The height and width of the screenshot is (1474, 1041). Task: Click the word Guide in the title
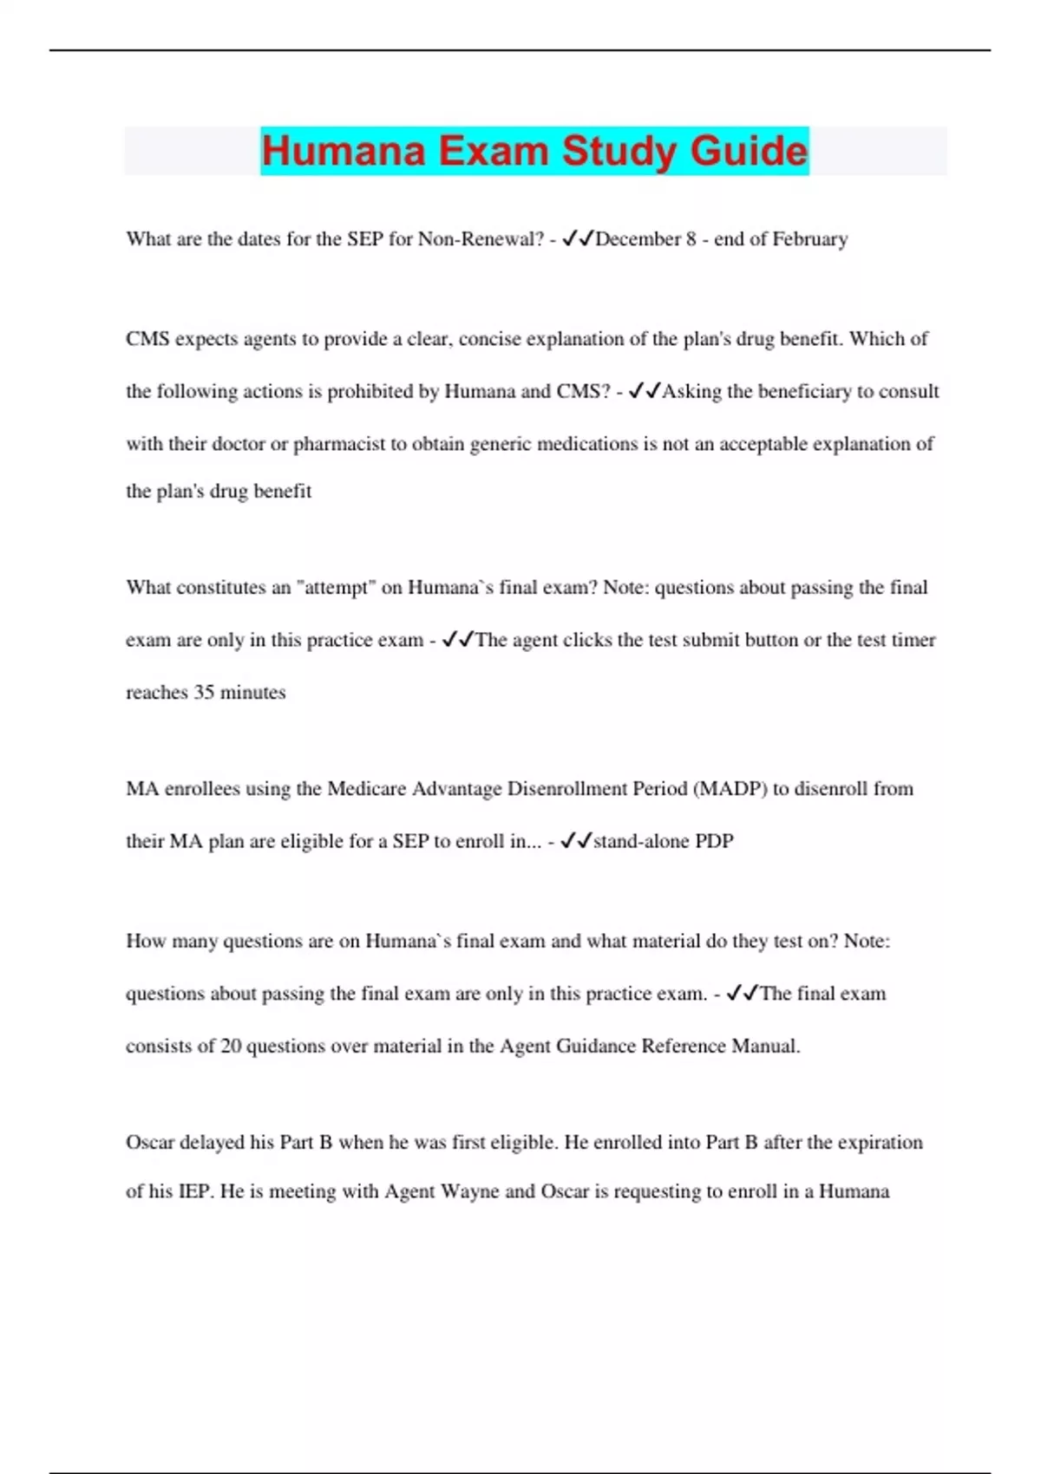click(x=749, y=151)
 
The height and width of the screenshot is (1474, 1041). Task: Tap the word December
click(x=638, y=239)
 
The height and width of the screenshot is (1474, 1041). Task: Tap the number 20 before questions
click(x=231, y=1047)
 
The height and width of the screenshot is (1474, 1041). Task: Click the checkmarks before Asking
click(x=644, y=392)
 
